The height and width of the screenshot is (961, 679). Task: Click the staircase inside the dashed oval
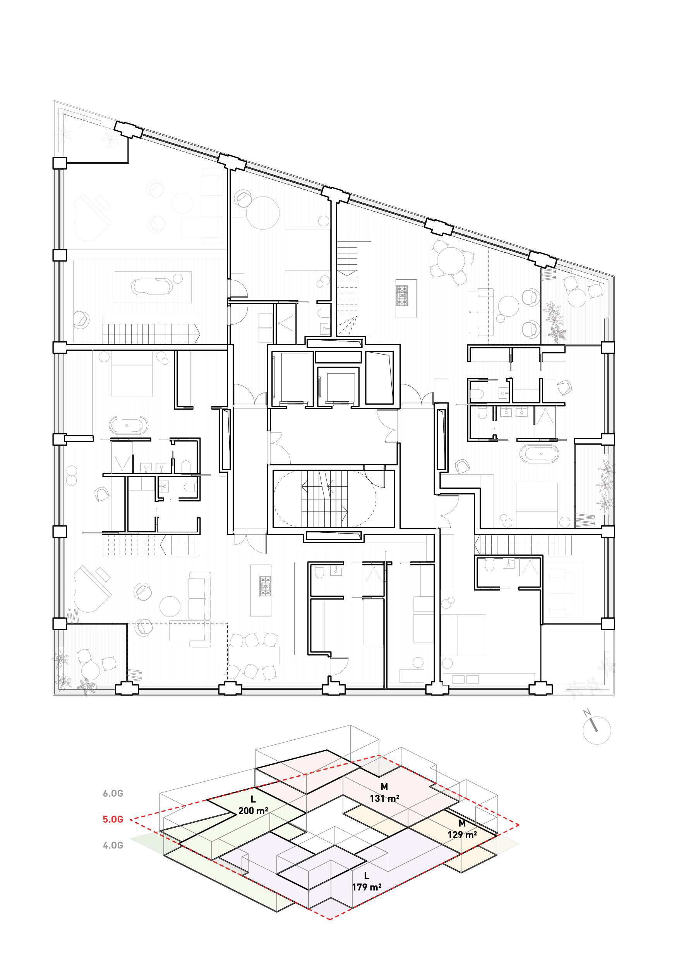(324, 498)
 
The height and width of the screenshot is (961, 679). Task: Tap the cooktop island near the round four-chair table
(406, 298)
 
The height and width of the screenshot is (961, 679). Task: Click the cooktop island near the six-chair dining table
(261, 590)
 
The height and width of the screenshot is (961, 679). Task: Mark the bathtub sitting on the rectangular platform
(152, 287)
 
